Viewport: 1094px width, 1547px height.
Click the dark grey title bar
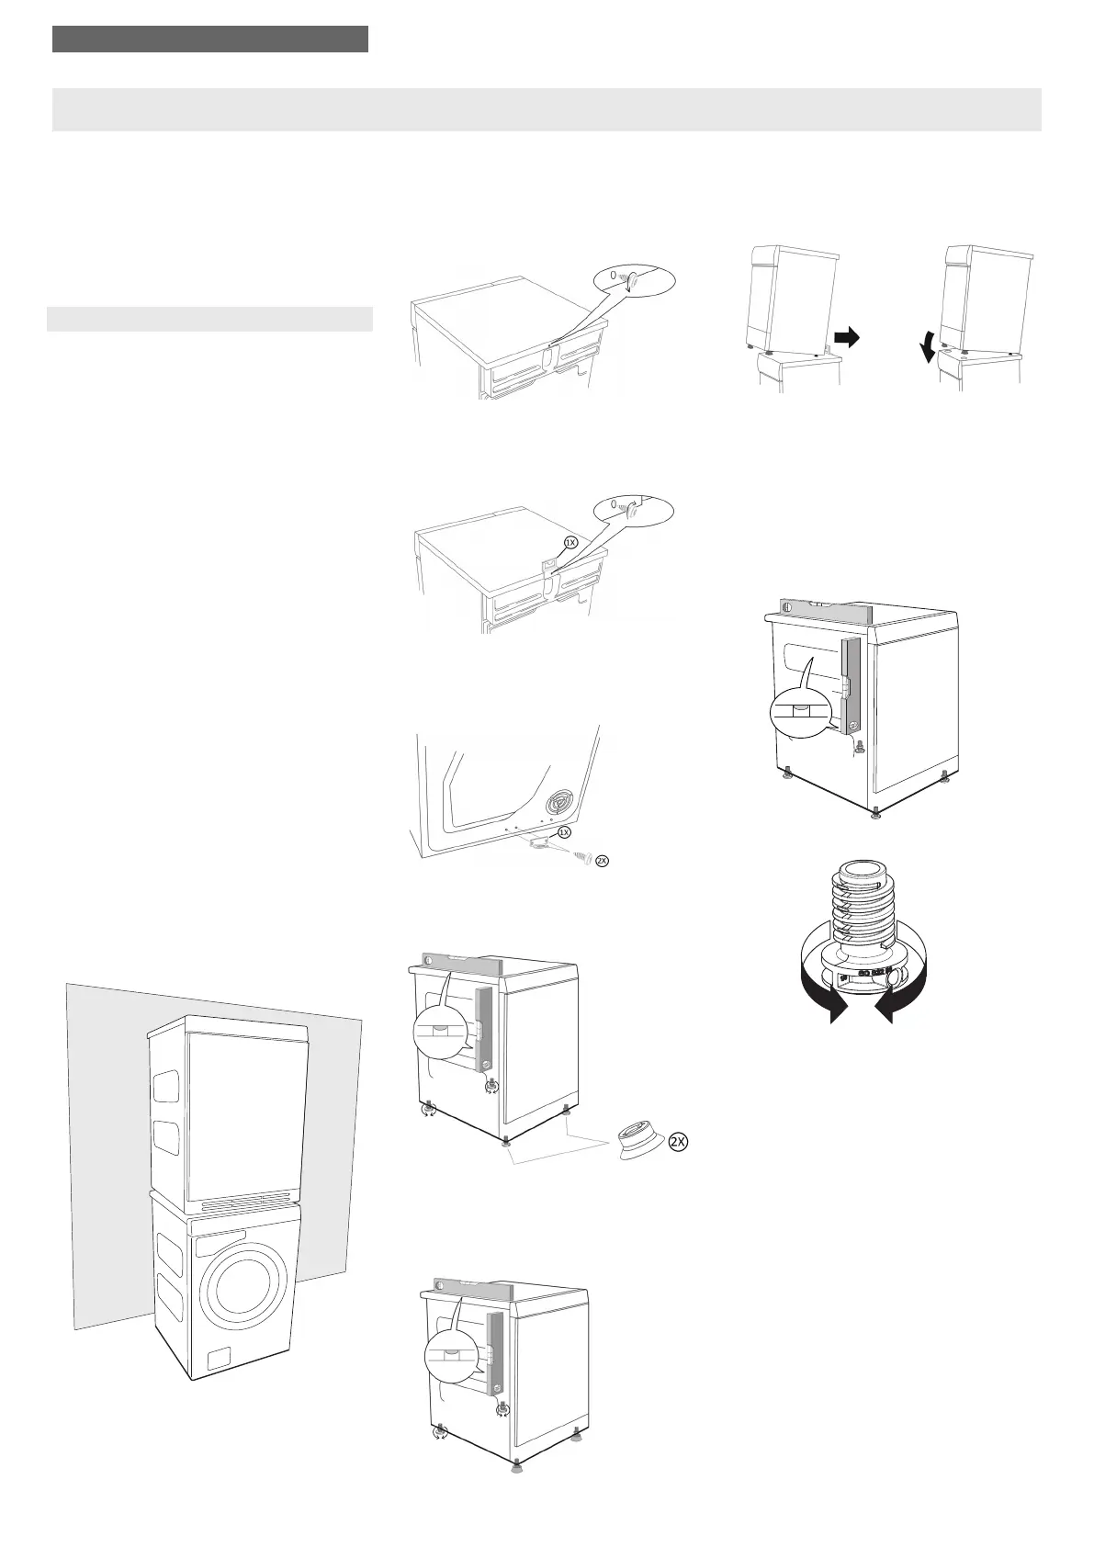tap(210, 40)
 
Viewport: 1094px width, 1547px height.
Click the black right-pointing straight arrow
tap(846, 338)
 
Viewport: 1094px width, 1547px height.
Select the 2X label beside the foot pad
tap(678, 1142)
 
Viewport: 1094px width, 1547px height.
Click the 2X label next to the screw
tap(602, 861)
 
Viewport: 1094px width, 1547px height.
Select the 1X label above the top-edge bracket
tap(570, 542)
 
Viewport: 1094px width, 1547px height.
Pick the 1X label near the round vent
tap(565, 831)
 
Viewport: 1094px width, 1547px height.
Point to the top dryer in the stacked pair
tap(228, 1112)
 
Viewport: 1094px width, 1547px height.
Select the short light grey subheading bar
tap(209, 319)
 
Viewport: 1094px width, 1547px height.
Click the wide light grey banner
tap(547, 109)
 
